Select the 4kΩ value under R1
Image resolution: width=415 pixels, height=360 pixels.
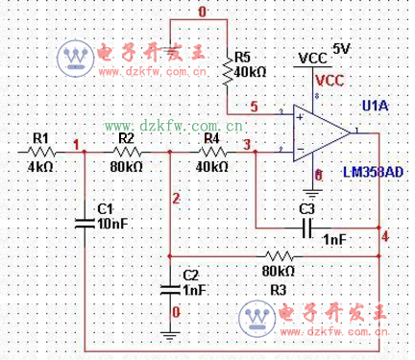click(39, 167)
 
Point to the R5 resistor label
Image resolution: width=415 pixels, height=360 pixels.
click(242, 56)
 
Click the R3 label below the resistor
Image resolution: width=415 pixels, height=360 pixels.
click(279, 287)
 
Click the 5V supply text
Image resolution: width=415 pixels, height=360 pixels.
click(342, 47)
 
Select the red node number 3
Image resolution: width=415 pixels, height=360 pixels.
click(248, 145)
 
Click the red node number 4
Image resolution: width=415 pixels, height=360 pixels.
click(385, 234)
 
